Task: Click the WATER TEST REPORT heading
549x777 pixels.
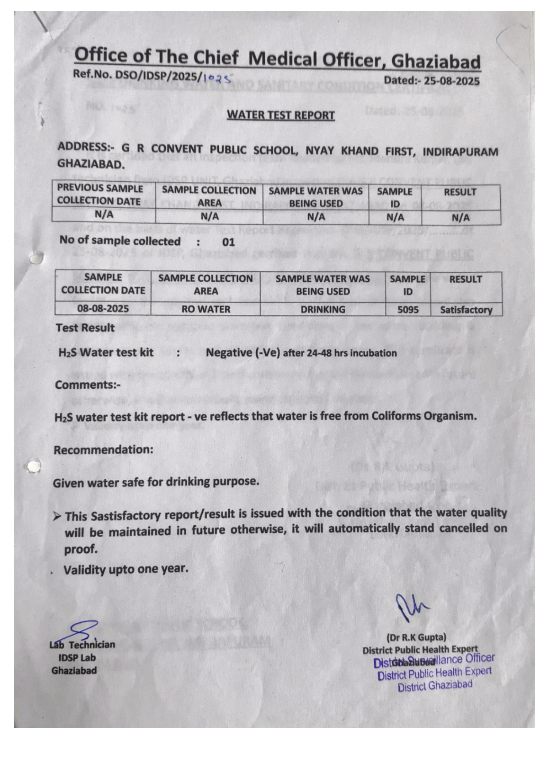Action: [281, 115]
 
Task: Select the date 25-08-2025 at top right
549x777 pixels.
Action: [452, 81]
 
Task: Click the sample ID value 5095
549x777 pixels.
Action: [408, 309]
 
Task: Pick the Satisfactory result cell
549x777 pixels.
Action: [466, 310]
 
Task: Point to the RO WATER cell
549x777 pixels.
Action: [205, 309]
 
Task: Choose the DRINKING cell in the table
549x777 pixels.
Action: [323, 309]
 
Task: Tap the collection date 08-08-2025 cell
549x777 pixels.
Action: [103, 308]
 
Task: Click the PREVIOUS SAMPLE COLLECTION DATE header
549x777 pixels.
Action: [101, 195]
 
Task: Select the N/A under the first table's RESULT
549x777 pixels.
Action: [460, 218]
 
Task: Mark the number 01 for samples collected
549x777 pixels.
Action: [228, 242]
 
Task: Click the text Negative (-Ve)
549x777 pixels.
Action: [243, 353]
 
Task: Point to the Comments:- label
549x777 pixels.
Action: [88, 385]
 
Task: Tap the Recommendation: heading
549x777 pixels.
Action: [104, 450]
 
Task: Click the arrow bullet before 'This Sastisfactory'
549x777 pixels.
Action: [57, 516]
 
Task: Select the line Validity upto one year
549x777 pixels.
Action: [126, 569]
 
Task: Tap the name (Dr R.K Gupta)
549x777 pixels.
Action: [416, 637]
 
